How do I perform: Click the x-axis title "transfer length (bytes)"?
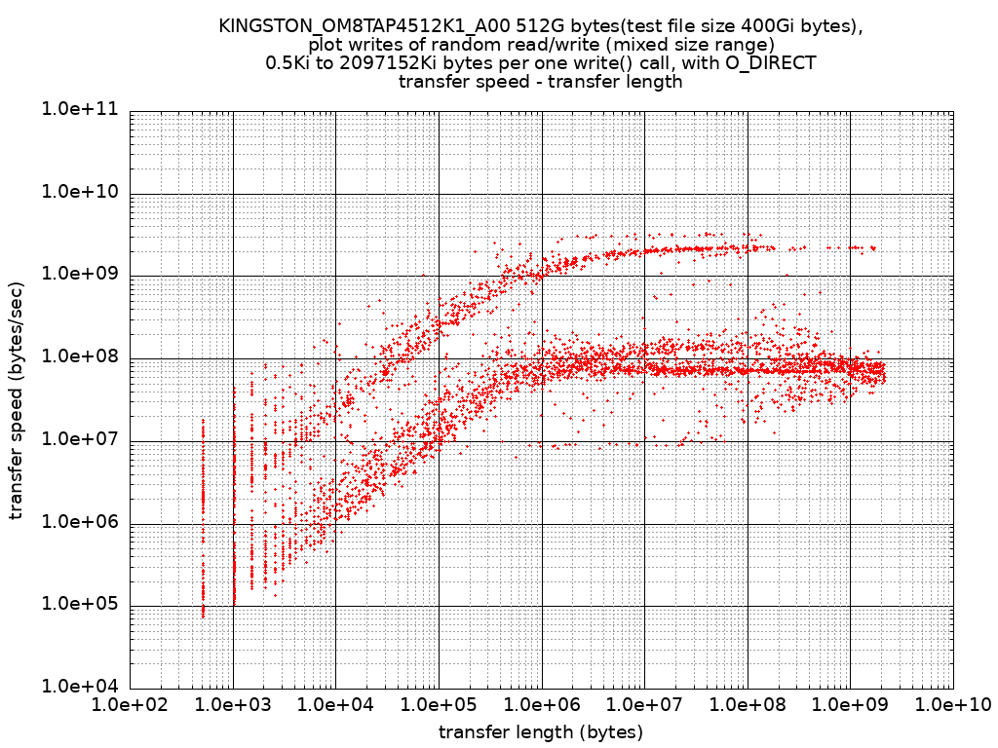tap(541, 731)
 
